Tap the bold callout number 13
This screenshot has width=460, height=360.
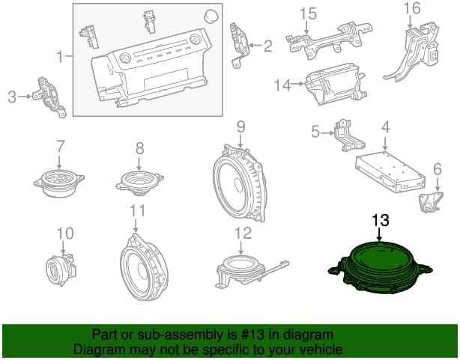[x=381, y=220]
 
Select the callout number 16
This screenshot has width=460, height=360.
[x=412, y=8]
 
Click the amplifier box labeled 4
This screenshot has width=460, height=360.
[x=390, y=171]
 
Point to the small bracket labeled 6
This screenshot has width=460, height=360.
[x=429, y=201]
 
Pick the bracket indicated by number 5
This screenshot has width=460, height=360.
[x=349, y=135]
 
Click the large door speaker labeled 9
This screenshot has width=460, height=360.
[x=239, y=183]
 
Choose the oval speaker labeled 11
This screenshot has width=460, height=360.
[x=144, y=266]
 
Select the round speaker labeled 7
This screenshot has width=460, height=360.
[x=59, y=183]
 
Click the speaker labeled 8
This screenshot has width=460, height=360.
[x=139, y=182]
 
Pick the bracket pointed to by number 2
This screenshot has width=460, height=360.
[x=240, y=45]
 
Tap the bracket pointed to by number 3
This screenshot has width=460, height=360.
[x=50, y=97]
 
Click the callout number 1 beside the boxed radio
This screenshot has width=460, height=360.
[x=60, y=56]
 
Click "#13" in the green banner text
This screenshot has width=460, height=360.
[x=250, y=335]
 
